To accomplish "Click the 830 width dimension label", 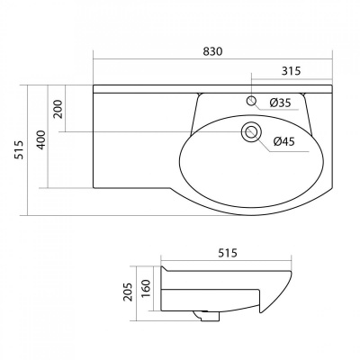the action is click(x=212, y=51).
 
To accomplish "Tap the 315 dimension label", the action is click(x=291, y=71).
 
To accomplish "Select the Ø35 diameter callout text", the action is click(x=280, y=103).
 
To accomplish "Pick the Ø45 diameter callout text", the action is click(x=284, y=141).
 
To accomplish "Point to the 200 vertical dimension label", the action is click(x=58, y=109).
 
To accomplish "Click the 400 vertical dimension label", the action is click(x=41, y=139).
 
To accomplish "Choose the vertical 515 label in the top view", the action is click(x=20, y=149).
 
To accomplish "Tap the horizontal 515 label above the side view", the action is click(x=228, y=253).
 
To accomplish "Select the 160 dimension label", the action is click(x=145, y=289).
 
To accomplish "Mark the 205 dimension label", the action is click(x=127, y=292).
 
